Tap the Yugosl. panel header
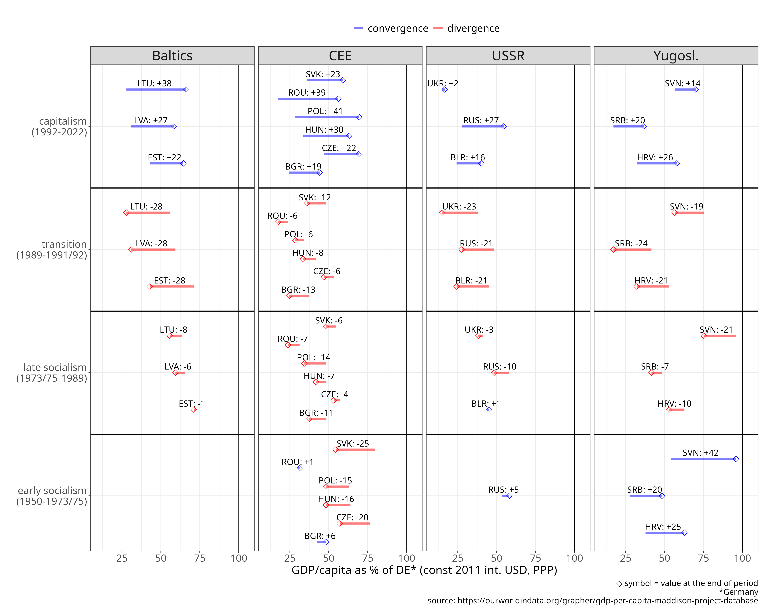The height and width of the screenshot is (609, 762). [676, 56]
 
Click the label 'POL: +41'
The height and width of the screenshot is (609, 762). [325, 111]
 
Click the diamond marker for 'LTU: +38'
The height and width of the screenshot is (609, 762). [186, 90]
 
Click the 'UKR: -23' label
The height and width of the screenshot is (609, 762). [459, 207]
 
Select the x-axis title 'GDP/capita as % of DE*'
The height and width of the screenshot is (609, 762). [424, 570]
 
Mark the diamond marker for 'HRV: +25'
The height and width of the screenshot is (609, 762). [684, 533]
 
